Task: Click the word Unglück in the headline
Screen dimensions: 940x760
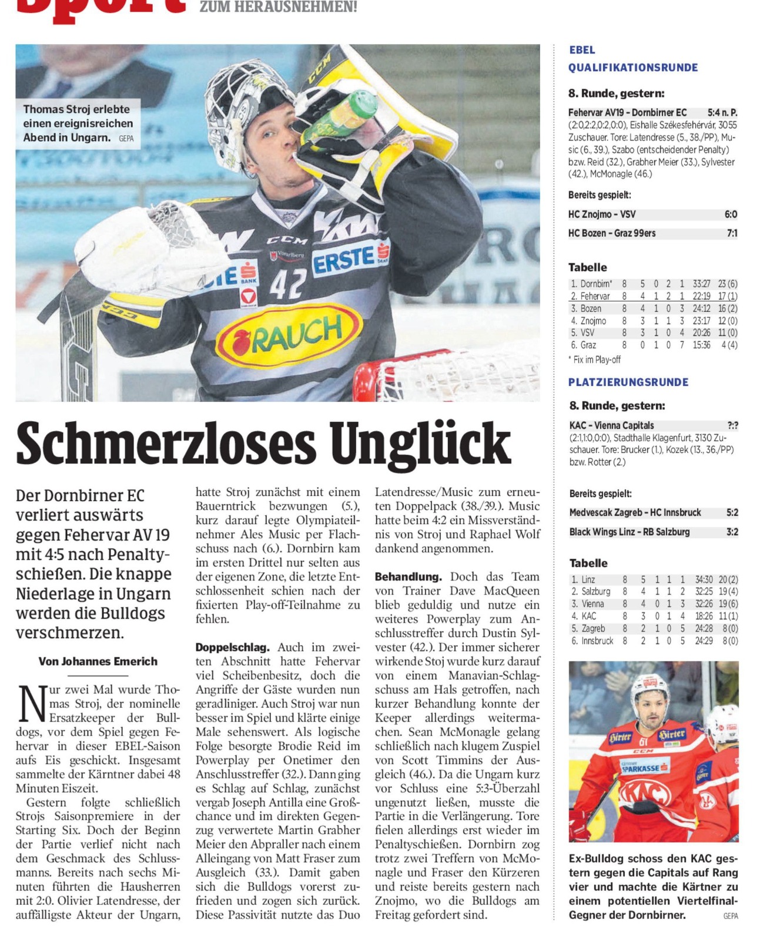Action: pos(418,443)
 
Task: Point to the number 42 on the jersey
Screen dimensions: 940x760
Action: pos(288,283)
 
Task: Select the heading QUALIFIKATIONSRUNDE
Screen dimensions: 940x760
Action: pos(633,68)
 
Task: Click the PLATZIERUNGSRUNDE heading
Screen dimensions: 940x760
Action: pos(628,382)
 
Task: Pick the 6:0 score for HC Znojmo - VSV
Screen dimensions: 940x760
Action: pos(731,214)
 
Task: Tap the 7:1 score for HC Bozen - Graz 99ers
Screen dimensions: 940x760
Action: pos(732,233)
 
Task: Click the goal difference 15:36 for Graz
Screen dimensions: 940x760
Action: pos(701,345)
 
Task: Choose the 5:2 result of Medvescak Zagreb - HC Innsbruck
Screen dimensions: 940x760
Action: pos(732,512)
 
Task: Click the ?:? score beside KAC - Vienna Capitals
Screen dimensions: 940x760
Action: pos(732,425)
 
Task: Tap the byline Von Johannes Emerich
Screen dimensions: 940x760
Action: pos(98,662)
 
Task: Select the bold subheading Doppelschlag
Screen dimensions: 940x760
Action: pos(232,647)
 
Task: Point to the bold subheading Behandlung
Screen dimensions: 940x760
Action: pos(408,577)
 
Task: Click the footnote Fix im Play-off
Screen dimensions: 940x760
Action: pos(596,360)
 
